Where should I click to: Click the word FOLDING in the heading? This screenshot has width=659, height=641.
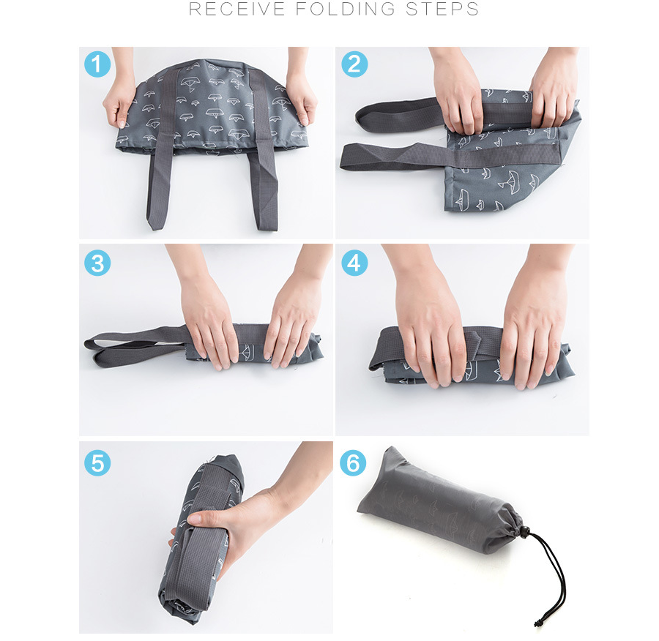(346, 9)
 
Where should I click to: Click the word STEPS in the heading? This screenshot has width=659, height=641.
(442, 9)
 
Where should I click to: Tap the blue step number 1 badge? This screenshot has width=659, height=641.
(97, 64)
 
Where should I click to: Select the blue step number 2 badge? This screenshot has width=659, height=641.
(354, 64)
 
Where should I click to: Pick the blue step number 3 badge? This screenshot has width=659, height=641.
(97, 263)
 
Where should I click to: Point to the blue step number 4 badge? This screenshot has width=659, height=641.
(354, 263)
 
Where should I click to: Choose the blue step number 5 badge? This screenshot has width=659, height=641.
(97, 463)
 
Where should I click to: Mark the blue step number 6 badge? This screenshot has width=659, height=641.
(353, 463)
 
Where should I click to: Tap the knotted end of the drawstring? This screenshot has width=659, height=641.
(537, 623)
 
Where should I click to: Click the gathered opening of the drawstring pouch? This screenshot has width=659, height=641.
(512, 530)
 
